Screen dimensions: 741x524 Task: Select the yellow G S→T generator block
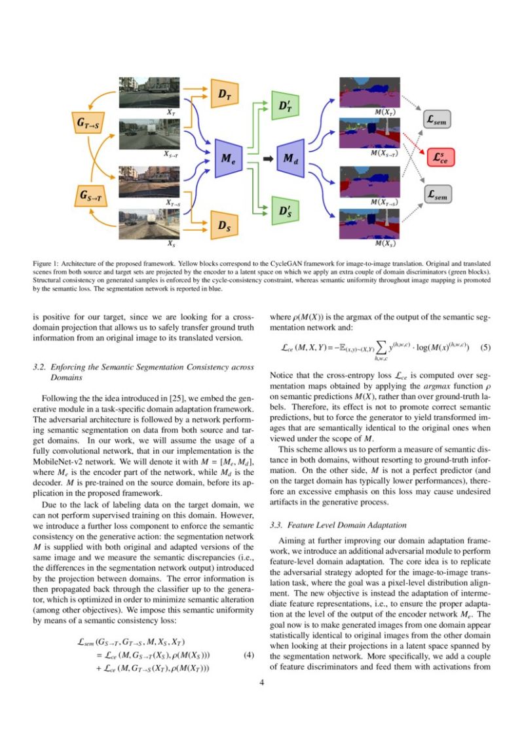click(90, 195)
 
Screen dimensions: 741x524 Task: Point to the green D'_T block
click(286, 106)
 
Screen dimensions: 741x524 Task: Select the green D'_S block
click(286, 211)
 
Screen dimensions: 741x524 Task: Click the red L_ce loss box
click(439, 157)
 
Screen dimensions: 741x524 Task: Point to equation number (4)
click(248, 655)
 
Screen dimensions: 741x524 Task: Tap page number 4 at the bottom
click(262, 683)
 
